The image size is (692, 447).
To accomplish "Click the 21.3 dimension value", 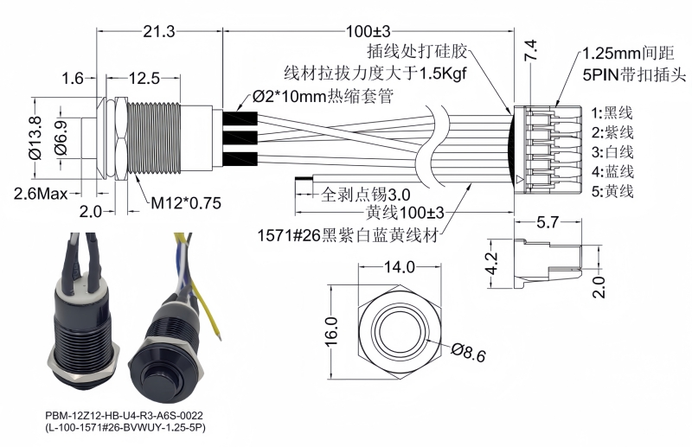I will pos(159,31).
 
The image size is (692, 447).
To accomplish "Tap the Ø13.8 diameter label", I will pos(35,137).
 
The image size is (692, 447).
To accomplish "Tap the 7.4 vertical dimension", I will pos(531,50).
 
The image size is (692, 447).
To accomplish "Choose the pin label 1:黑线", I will pos(612,112).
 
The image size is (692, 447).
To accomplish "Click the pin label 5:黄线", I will pos(612,191).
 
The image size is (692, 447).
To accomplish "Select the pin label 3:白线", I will pos(612,152).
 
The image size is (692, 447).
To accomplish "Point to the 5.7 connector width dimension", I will pos(547,222).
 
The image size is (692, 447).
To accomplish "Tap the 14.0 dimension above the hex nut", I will pos(400,268).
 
